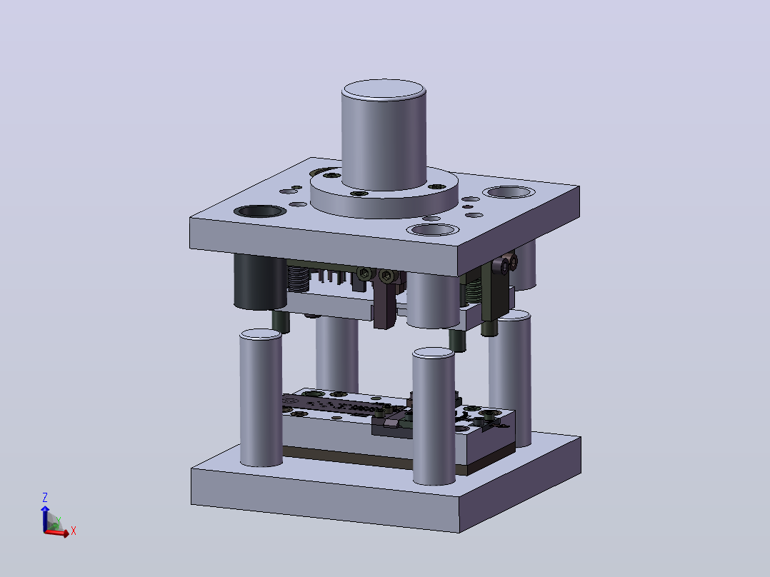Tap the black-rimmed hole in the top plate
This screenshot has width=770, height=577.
pyautogui.click(x=260, y=211)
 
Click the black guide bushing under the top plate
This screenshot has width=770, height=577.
pyautogui.click(x=260, y=281)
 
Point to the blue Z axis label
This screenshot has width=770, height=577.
pyautogui.click(x=45, y=498)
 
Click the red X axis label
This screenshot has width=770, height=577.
pyautogui.click(x=73, y=531)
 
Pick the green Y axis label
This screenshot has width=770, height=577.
pyautogui.click(x=59, y=521)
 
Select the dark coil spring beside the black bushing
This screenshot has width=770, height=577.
pyautogui.click(x=297, y=279)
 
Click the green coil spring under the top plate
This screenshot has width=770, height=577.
pyautogui.click(x=473, y=291)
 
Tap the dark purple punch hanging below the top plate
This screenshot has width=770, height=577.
pyautogui.click(x=385, y=304)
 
